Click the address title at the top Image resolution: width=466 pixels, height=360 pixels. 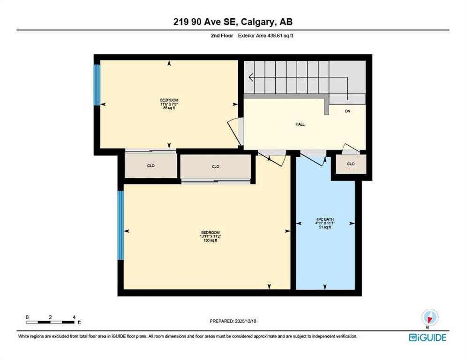(x=233, y=22)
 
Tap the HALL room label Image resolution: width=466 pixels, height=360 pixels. (x=300, y=124)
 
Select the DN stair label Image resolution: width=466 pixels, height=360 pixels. (x=347, y=111)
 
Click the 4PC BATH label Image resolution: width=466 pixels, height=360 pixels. (x=325, y=223)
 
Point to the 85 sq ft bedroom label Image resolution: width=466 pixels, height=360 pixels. (x=169, y=104)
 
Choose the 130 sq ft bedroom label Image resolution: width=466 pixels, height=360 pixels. (x=210, y=236)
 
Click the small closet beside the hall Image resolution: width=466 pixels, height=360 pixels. (x=351, y=164)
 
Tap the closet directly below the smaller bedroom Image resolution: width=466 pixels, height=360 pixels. (x=150, y=165)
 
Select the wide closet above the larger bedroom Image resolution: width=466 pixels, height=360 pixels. (x=216, y=166)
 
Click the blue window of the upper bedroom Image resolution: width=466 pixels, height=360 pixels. (x=97, y=85)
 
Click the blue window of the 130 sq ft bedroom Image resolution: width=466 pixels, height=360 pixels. (x=120, y=225)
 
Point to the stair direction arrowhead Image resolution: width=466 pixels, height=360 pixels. (x=251, y=77)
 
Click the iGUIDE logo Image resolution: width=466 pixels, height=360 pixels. (x=428, y=337)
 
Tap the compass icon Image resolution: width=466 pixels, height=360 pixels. (x=430, y=317)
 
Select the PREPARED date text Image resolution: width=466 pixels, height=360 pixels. (x=233, y=321)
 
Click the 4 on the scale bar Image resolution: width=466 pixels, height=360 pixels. (x=74, y=317)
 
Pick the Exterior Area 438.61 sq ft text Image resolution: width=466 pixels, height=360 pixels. (x=265, y=36)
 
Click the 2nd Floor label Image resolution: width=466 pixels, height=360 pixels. (x=222, y=36)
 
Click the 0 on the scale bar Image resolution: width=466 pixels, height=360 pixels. (x=27, y=317)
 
